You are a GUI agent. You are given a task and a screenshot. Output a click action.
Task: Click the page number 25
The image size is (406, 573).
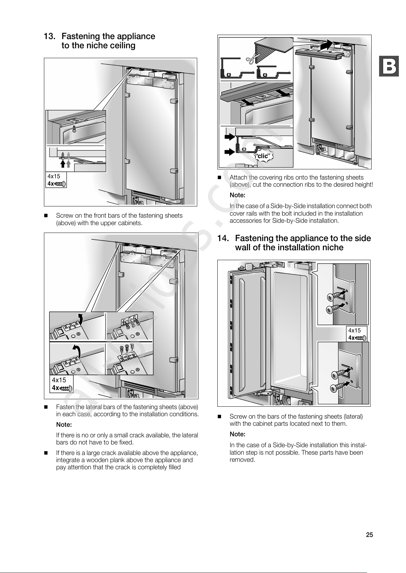tap(369, 535)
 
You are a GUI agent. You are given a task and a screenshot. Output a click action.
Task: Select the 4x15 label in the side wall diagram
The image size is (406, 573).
tap(354, 330)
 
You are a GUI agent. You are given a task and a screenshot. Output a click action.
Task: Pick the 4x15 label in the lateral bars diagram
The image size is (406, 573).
tap(59, 380)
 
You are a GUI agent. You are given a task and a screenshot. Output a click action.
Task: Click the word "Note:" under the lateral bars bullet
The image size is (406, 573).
tap(64, 425)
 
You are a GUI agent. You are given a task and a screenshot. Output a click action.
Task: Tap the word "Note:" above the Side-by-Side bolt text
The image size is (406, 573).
tap(237, 196)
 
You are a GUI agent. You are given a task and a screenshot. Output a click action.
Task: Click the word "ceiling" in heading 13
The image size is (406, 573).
tap(122, 46)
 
